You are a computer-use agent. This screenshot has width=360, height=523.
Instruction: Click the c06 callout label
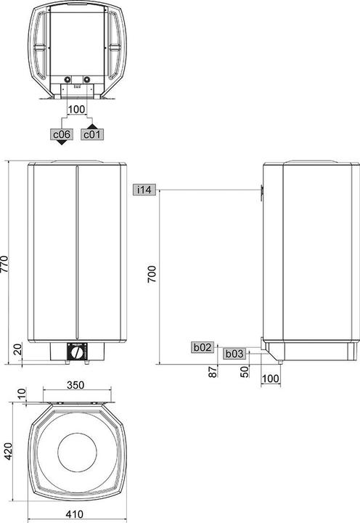pos(60,134)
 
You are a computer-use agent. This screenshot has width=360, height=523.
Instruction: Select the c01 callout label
pos(92,134)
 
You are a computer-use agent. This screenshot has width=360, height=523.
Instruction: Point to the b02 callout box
pos(202,348)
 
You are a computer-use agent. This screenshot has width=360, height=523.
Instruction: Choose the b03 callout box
pos(233,354)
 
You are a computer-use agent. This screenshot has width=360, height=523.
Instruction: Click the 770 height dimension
pos(6,262)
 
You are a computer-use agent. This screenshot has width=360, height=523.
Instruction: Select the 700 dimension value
pos(152,274)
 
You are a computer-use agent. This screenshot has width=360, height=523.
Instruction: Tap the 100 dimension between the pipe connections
pos(76,110)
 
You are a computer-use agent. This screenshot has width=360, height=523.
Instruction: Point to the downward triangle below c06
pos(60,143)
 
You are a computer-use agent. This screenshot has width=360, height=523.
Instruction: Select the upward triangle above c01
pos(92,126)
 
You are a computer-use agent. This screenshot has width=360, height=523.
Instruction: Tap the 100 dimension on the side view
pos(271,378)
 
